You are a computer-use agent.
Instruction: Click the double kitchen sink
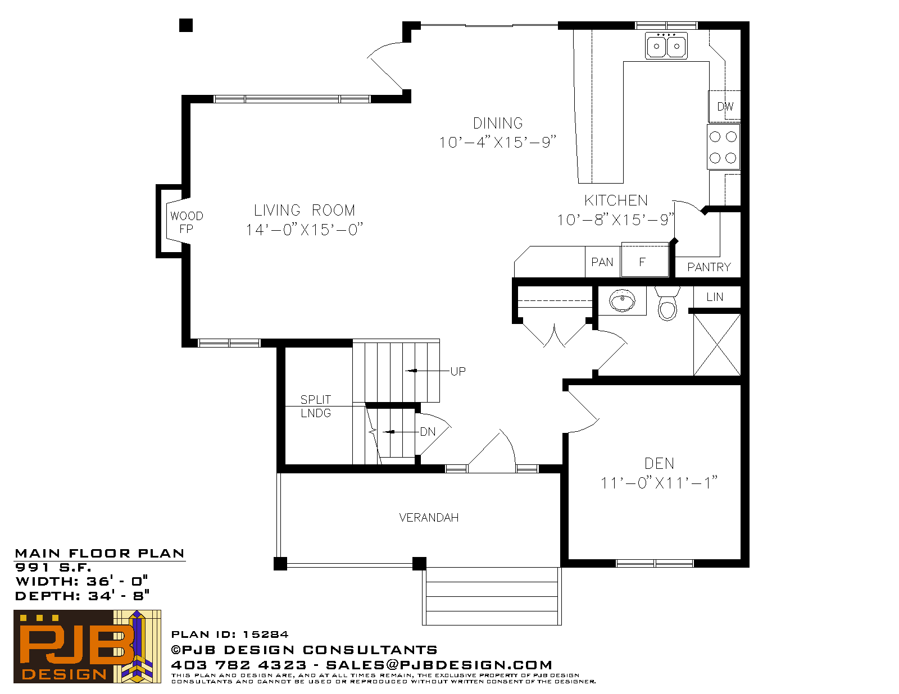tap(666, 45)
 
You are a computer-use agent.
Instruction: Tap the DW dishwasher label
tap(725, 107)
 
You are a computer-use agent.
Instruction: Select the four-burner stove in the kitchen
tap(723, 147)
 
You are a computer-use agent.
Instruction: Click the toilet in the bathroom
tap(668, 304)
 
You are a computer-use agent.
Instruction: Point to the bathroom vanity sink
tap(622, 300)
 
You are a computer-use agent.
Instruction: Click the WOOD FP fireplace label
tap(187, 222)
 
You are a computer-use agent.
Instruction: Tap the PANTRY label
tap(709, 267)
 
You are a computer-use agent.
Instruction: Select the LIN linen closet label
tap(715, 297)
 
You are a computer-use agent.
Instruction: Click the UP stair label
tap(458, 371)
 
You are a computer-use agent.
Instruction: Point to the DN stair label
tap(428, 432)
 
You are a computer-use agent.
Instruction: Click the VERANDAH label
tap(429, 518)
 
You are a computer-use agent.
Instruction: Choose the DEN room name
tap(660, 463)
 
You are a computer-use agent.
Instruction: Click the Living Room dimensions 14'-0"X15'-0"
tap(305, 230)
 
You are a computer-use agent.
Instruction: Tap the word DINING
tap(498, 123)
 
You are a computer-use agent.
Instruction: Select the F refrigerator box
tap(644, 259)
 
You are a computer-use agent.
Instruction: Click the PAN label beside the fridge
tap(602, 262)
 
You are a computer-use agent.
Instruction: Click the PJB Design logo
tap(87, 647)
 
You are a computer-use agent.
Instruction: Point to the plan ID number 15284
tap(266, 634)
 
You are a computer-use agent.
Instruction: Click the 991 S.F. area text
tap(53, 567)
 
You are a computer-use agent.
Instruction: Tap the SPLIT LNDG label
tap(316, 407)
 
